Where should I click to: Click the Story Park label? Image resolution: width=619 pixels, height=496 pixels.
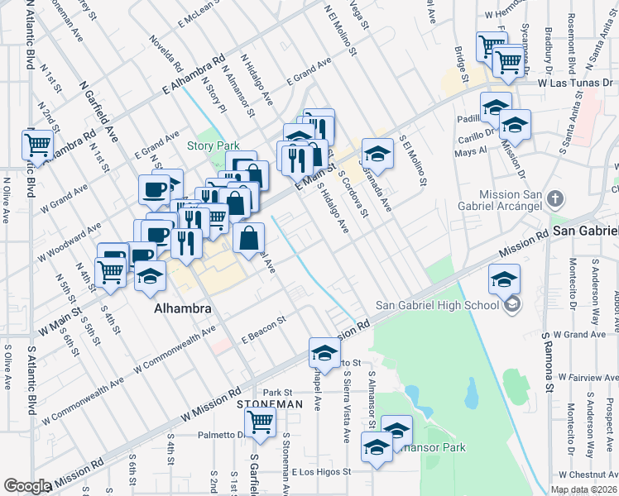(x=213, y=146)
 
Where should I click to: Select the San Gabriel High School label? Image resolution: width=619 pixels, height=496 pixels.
(x=438, y=305)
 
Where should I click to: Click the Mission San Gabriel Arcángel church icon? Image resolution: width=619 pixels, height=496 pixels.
(x=555, y=199)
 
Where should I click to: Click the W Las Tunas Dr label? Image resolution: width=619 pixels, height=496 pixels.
(x=574, y=83)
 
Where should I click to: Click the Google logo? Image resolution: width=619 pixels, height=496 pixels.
(x=27, y=486)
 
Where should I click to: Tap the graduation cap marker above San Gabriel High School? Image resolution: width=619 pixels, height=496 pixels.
(x=504, y=279)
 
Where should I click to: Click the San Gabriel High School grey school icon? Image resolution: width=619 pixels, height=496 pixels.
(x=512, y=305)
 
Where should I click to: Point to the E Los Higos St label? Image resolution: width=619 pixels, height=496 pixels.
(x=321, y=472)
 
